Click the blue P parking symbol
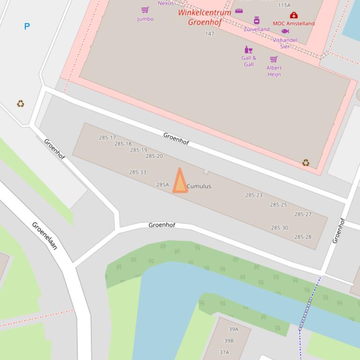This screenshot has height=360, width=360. pos(27,26)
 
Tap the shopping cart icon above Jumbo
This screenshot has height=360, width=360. pos(145,10)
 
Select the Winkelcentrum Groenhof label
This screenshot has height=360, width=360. pos(205,17)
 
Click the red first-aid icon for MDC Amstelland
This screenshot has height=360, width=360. pos(294,15)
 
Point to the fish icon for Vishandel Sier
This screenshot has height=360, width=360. pos(285,31)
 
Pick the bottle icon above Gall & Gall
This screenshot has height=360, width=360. pos(248,50)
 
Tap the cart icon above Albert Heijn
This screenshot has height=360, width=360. pos(274,59)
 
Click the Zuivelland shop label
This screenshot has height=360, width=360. pos(257,29)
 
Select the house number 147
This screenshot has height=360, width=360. pos(210,34)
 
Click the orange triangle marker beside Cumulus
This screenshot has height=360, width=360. pos(180,182)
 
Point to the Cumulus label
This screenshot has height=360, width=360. pos(199,186)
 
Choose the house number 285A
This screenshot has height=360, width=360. pos(162,185)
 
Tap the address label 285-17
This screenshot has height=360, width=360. pos(107,137)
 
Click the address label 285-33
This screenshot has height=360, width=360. pos(138,172)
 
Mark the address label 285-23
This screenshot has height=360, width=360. pos(254,195)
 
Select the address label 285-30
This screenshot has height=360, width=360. pos(279,228)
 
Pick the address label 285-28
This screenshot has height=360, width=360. pos(302,237)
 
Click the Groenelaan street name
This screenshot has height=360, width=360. pos(44,236)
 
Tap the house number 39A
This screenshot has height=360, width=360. pos(233,329)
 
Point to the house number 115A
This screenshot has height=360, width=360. pos(284,5)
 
